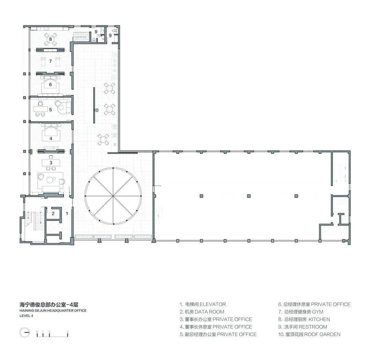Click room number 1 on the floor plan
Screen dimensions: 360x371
click(x=67, y=213)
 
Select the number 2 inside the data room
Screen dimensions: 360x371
click(x=53, y=213)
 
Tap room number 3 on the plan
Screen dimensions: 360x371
click(x=51, y=162)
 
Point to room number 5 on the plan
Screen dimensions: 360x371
click(x=50, y=110)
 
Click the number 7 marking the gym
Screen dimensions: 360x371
click(x=50, y=61)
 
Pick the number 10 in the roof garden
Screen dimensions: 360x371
click(x=96, y=110)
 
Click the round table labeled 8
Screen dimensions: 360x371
click(x=50, y=39)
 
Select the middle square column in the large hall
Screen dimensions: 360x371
click(x=249, y=196)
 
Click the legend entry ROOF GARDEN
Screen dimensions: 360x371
click(x=323, y=334)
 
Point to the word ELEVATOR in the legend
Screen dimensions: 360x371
click(x=213, y=304)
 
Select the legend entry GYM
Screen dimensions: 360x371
click(x=318, y=312)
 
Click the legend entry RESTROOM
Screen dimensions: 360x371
click(x=313, y=327)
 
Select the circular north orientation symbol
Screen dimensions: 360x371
click(x=24, y=333)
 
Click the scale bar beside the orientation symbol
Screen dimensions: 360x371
click(x=52, y=333)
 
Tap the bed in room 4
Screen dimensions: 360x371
click(x=51, y=132)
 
